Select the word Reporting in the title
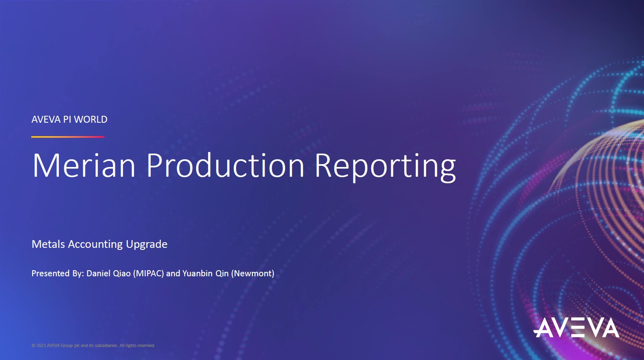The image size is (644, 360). (x=385, y=166)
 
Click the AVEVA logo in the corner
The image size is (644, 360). (x=576, y=328)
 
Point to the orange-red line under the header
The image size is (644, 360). (x=68, y=137)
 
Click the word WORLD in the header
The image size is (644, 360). (x=91, y=119)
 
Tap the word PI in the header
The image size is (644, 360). (x=67, y=119)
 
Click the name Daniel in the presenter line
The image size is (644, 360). (x=98, y=273)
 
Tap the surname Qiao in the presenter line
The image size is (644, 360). (x=121, y=273)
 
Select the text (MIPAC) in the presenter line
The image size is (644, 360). (x=148, y=273)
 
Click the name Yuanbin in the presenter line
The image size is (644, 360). (x=197, y=273)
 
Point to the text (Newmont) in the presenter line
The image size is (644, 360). (x=253, y=273)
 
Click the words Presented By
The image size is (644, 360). (x=57, y=273)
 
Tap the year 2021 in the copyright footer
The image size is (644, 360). (x=41, y=345)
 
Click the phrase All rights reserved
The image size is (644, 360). (x=137, y=345)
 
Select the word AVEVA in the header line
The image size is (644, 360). (x=46, y=119)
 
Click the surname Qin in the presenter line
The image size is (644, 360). (x=222, y=273)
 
